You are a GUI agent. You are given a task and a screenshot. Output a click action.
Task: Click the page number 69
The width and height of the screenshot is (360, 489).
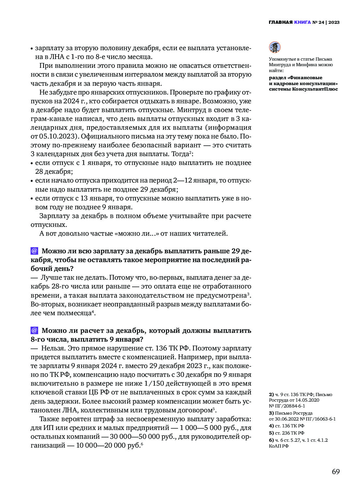point(336,472)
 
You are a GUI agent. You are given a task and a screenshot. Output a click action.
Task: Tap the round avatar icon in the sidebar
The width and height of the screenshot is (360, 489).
point(275,47)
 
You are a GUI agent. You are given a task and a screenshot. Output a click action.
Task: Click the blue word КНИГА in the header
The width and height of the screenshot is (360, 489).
point(302,22)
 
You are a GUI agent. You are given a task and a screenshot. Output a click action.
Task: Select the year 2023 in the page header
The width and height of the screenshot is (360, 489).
point(334,22)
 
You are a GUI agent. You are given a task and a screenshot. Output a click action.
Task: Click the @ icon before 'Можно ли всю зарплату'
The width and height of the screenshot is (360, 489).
point(34,251)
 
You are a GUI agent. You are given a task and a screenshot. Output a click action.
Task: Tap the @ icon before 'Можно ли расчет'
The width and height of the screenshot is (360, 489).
point(34,330)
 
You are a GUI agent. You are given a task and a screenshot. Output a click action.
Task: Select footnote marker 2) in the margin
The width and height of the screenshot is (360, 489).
point(271,394)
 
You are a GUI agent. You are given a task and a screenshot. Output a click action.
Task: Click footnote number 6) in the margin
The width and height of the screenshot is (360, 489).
point(271,440)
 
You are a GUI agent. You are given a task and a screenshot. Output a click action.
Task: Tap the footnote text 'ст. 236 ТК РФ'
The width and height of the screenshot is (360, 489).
point(289,433)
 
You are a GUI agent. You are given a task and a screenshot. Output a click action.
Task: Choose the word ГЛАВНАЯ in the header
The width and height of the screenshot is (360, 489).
point(280,22)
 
